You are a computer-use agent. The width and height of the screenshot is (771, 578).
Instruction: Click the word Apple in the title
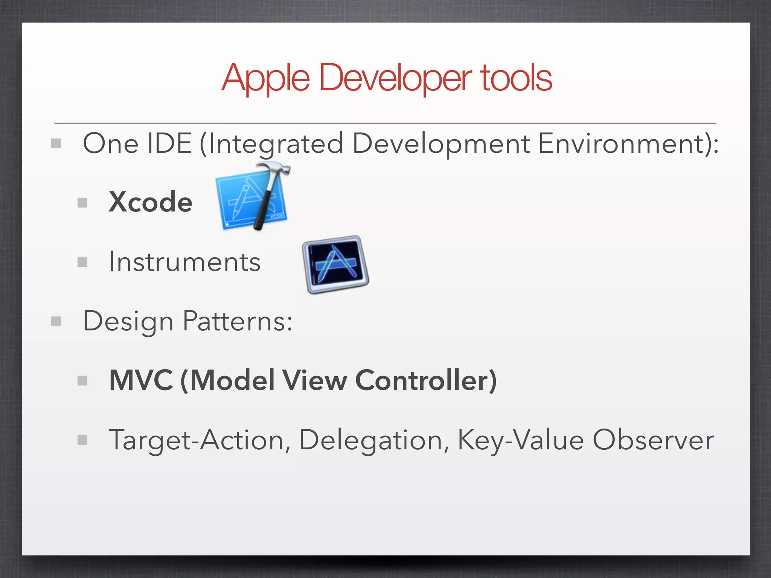pos(265,78)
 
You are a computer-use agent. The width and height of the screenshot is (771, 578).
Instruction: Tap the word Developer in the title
pos(395,78)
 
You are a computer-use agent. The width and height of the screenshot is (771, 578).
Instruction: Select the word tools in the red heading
pos(516,78)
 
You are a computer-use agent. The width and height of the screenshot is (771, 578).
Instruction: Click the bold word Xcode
pos(151,202)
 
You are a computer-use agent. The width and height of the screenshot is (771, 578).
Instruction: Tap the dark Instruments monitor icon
pos(335,265)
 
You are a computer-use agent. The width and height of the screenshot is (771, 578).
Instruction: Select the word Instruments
pos(184,262)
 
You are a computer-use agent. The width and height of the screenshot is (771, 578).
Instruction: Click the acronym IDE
pos(169,143)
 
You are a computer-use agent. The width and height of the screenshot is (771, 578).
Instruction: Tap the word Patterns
pos(237,321)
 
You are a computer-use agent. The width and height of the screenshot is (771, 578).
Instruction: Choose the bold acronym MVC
pos(141,380)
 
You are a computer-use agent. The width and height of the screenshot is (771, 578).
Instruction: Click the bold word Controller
pos(425,380)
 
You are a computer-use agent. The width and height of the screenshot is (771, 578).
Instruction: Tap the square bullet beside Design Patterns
pos(56,322)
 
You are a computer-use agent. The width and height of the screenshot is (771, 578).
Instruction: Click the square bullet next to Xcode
pos(82,203)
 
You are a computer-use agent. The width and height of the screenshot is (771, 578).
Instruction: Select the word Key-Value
pos(521,440)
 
